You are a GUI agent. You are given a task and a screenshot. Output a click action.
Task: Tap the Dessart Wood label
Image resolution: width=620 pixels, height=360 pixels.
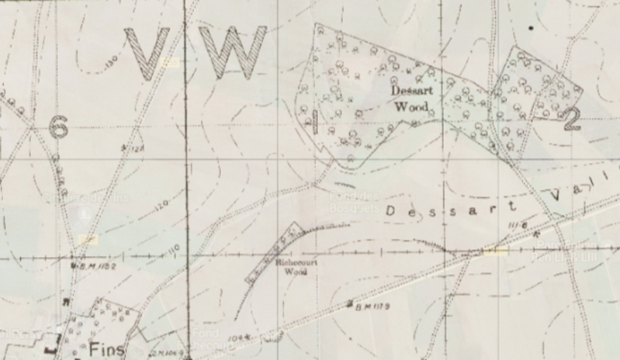tap(407, 99)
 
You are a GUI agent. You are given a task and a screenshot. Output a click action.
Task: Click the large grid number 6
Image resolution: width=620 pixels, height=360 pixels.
tap(58, 126)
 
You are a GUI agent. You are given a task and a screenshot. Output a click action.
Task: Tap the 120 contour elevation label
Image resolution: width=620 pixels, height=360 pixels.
tap(161, 206)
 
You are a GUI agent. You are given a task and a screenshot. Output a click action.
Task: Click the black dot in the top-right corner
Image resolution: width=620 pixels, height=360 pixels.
tap(531, 28)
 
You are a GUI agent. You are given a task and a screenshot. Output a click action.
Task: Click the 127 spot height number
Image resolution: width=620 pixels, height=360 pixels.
tap(138, 149)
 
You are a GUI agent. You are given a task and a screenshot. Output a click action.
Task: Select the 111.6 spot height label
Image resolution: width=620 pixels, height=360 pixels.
tap(518, 224)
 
